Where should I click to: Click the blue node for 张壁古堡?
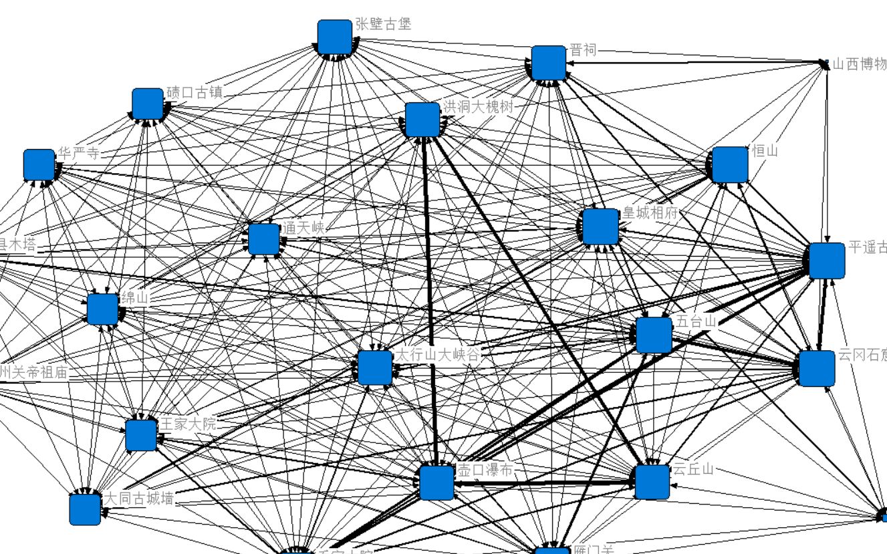(x=334, y=37)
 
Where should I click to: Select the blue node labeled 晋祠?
(x=548, y=63)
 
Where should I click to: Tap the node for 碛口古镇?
(x=148, y=104)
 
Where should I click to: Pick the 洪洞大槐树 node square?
(x=422, y=119)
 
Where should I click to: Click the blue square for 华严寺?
(x=39, y=164)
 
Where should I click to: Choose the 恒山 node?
(x=729, y=164)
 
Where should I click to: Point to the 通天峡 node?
(x=263, y=239)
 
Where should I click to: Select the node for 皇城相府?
(x=600, y=227)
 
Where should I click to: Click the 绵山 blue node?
(x=102, y=309)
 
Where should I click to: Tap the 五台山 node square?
(x=654, y=335)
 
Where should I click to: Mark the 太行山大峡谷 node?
(x=374, y=368)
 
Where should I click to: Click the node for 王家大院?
(x=141, y=435)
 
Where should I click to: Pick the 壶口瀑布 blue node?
(x=437, y=482)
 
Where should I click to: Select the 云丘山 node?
(x=652, y=482)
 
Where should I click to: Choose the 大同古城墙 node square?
(x=85, y=509)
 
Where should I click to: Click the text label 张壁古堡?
(x=383, y=25)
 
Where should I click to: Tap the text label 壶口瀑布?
(x=485, y=470)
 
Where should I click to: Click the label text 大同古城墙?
(x=139, y=499)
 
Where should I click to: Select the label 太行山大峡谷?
(x=438, y=355)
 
